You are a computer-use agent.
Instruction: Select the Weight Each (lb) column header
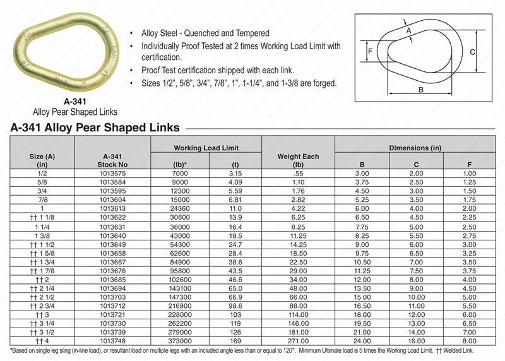click(x=299, y=160)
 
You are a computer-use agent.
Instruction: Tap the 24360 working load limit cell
click(x=180, y=208)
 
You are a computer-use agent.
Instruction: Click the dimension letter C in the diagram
click(x=471, y=52)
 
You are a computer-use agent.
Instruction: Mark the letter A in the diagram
click(x=408, y=30)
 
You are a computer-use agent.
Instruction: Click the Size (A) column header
click(x=42, y=160)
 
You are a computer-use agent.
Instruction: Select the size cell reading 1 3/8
click(x=42, y=234)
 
